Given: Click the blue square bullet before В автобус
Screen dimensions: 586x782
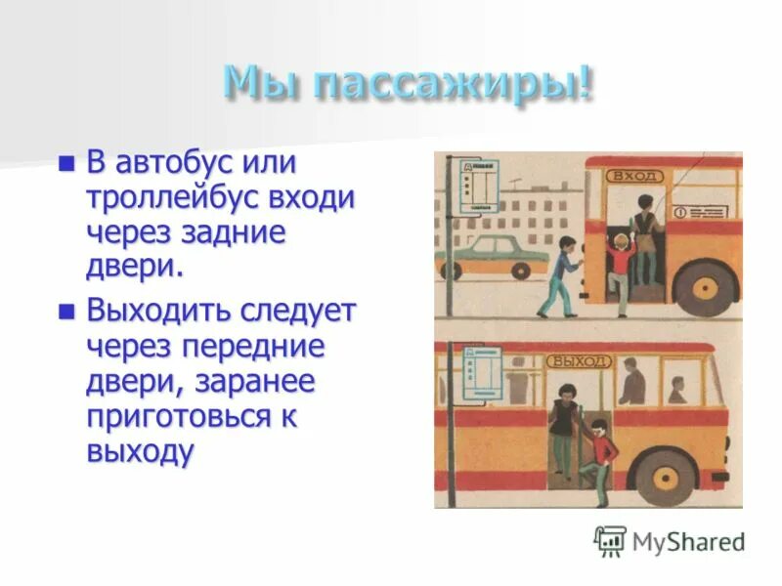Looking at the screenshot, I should coord(67,163).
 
